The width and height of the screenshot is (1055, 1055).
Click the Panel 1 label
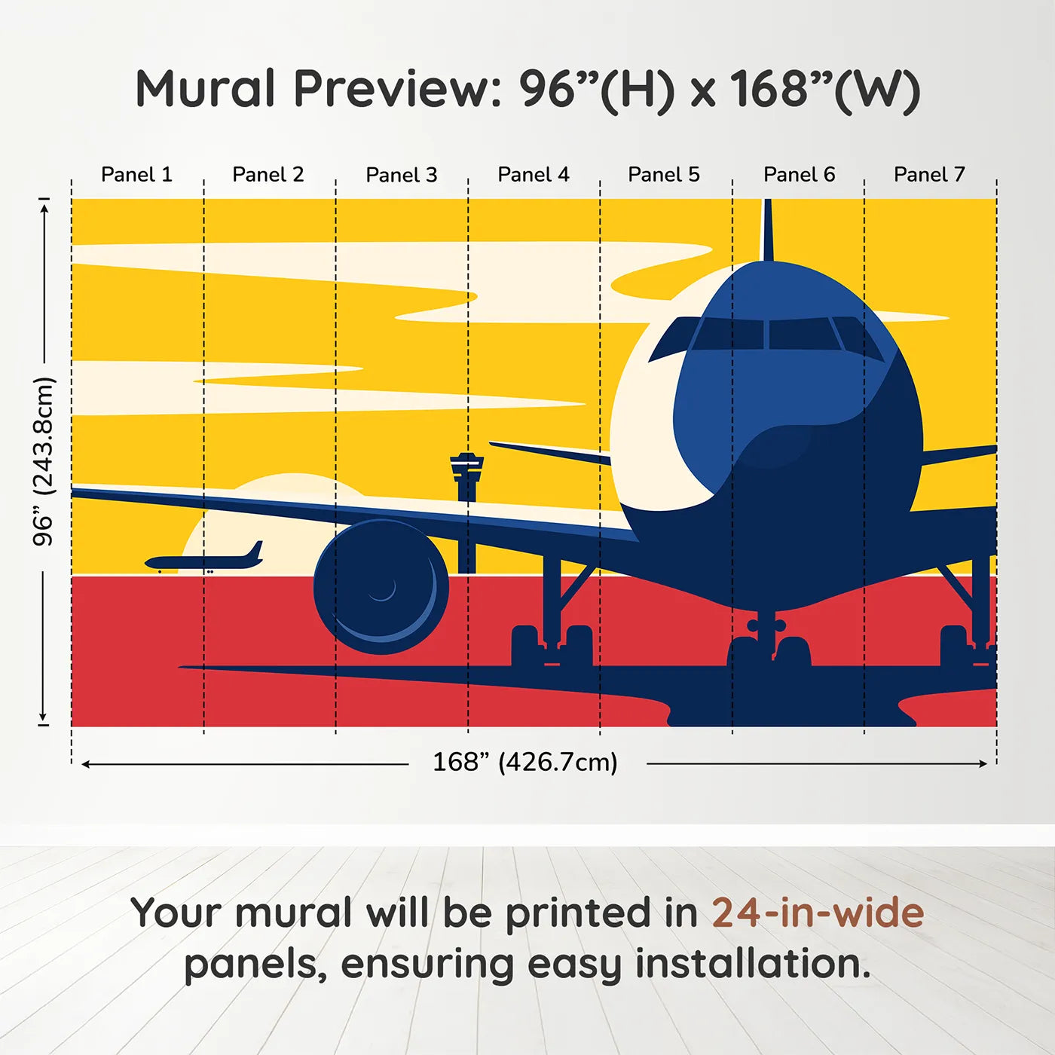pos(136,175)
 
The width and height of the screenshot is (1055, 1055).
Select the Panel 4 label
pos(534,175)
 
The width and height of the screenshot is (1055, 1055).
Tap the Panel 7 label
pos(929,175)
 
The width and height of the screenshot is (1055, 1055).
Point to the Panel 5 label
pos(664,175)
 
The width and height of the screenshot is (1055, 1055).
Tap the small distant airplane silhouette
pos(205,561)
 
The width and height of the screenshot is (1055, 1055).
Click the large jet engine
pos(381,586)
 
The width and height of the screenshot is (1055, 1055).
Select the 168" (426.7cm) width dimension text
pos(525,763)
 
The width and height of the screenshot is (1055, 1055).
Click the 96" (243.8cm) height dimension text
pos(44,461)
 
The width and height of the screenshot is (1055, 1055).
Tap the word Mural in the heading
pos(205,89)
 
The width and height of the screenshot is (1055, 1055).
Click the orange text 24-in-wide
pos(818,913)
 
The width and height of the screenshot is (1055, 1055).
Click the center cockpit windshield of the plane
pos(799,333)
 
